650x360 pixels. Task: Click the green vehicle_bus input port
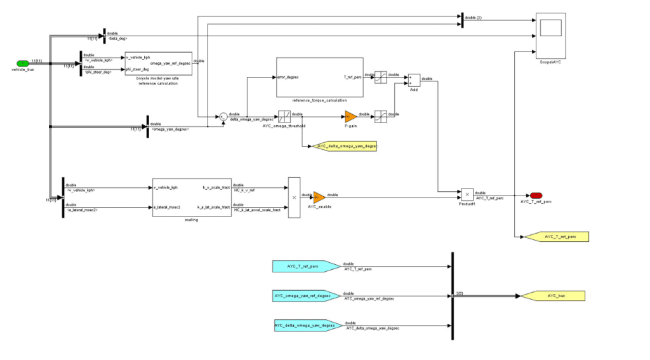click(x=23, y=63)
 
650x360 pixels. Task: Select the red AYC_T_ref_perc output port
click(x=536, y=195)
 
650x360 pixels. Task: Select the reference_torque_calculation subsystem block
click(x=319, y=77)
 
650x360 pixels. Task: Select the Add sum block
click(x=414, y=79)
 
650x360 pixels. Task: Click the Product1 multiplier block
click(x=467, y=194)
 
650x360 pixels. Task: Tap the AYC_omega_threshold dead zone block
click(x=285, y=116)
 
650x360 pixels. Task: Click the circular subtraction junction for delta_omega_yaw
click(x=223, y=117)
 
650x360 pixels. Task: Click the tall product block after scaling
click(x=294, y=197)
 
